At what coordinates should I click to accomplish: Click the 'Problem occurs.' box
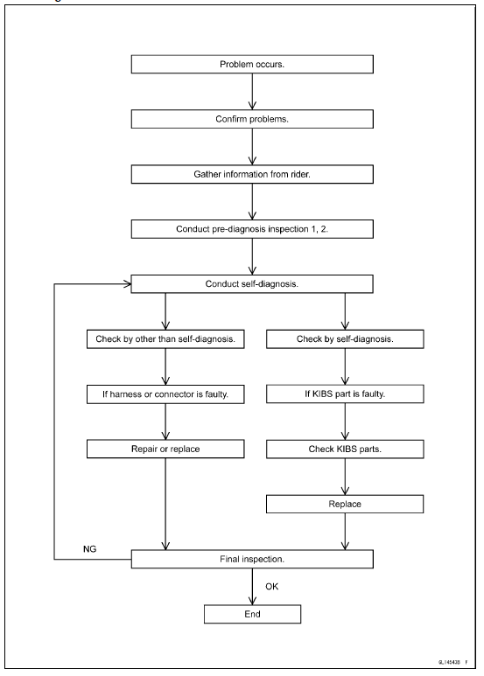(x=252, y=66)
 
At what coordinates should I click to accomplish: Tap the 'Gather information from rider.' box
(x=252, y=174)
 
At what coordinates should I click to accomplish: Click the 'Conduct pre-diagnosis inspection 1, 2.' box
(x=252, y=230)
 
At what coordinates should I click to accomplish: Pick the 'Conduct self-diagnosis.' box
(x=252, y=284)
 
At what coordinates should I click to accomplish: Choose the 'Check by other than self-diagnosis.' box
(x=165, y=338)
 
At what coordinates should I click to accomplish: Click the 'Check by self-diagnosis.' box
(x=348, y=338)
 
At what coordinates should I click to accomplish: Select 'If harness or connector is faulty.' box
(x=165, y=394)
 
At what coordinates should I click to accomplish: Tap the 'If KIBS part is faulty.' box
(x=348, y=394)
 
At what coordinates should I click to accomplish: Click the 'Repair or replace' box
(x=165, y=449)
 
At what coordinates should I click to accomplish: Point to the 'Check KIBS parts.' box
(x=348, y=449)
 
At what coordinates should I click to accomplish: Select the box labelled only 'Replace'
(x=348, y=504)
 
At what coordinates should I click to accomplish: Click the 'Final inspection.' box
(x=252, y=558)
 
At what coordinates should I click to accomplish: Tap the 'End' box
(x=252, y=613)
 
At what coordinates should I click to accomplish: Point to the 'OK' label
(x=270, y=584)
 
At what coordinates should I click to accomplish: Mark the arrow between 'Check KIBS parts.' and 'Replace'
(x=348, y=477)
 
